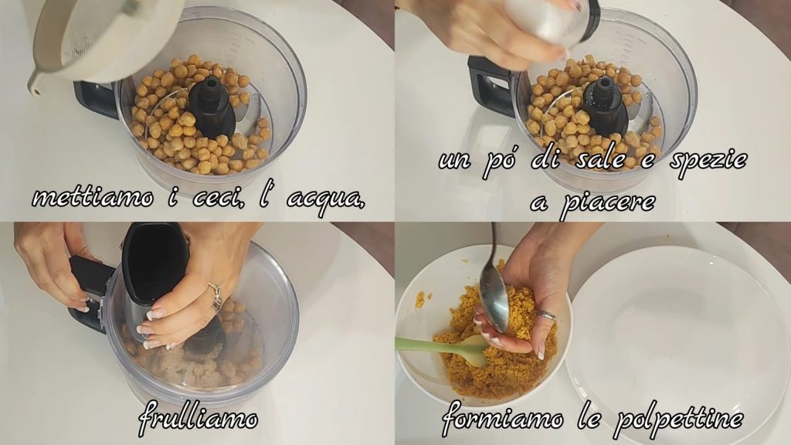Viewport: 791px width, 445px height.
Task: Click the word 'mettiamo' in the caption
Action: coord(93,197)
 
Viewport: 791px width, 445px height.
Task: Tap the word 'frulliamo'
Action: coord(198,418)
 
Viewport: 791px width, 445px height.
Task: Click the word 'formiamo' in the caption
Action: coord(502,418)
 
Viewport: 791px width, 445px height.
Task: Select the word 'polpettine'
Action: coord(678,420)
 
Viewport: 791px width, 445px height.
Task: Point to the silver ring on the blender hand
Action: coord(216,297)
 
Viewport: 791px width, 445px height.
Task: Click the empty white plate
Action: coord(677,343)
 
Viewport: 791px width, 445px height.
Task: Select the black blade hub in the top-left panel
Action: coord(212,107)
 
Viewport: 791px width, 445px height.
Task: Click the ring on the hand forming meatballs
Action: coord(546,316)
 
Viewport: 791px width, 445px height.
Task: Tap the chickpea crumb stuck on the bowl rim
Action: coord(419,299)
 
